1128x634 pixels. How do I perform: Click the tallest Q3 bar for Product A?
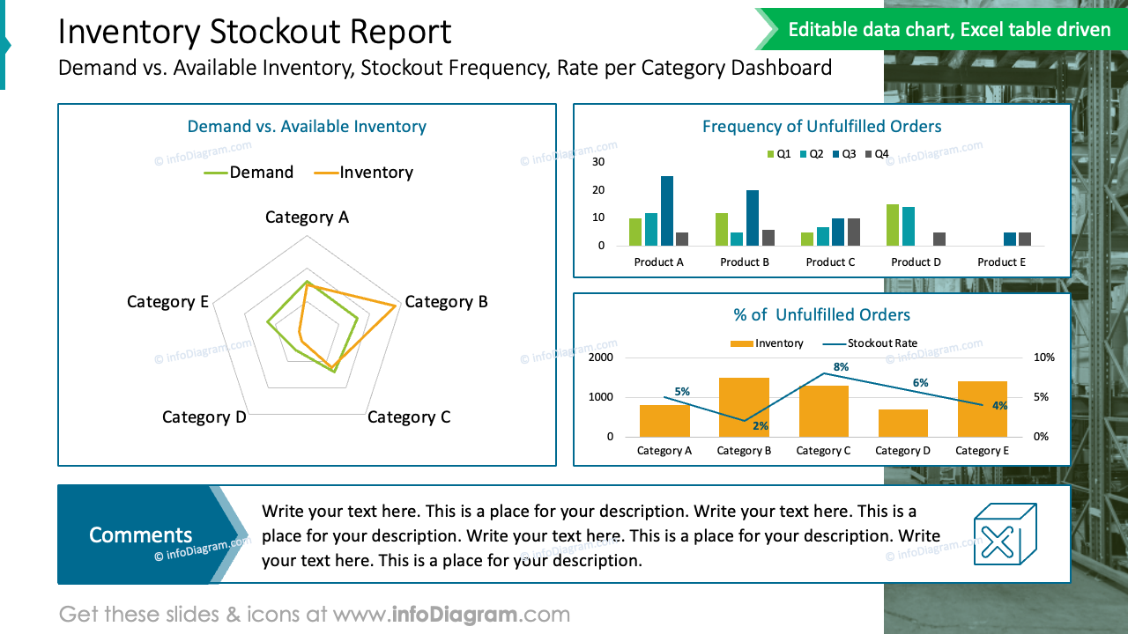(667, 211)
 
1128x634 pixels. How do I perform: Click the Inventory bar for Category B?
(744, 407)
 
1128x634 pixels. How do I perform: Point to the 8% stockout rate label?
(841, 367)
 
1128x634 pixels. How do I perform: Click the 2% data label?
(761, 426)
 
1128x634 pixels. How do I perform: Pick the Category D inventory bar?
(902, 423)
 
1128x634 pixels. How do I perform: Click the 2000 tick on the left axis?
(601, 358)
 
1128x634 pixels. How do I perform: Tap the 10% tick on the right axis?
(1043, 358)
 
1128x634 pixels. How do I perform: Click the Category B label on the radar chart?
(446, 302)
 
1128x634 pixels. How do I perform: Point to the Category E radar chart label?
(167, 302)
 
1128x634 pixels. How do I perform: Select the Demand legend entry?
(249, 173)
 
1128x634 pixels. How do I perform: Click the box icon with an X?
(1004, 534)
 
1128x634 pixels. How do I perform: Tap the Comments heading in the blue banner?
(140, 534)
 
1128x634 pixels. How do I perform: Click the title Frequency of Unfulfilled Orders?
(821, 127)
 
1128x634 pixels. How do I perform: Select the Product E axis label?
(1001, 262)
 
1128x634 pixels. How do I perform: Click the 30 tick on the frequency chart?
(598, 162)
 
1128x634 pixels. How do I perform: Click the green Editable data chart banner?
(948, 30)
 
